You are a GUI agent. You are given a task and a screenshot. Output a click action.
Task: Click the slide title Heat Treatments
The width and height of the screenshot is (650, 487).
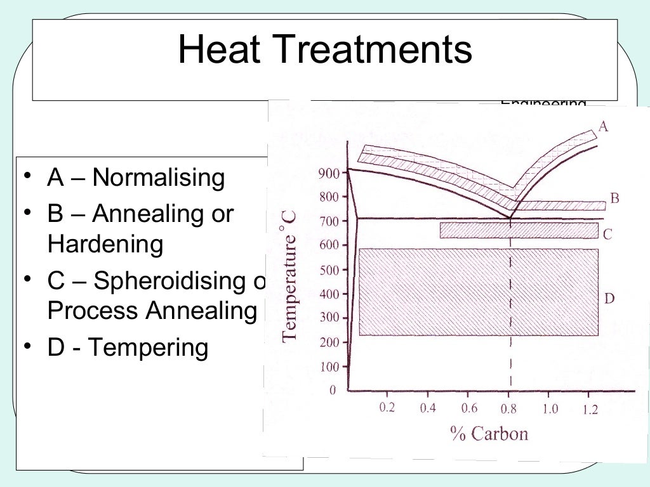[x=325, y=51]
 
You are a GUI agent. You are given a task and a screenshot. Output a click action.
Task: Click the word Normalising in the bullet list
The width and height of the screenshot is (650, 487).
[x=158, y=178]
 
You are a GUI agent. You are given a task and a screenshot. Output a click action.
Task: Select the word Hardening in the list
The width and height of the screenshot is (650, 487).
[x=105, y=244]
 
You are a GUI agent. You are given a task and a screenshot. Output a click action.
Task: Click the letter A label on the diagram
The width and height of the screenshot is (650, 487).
[x=603, y=127]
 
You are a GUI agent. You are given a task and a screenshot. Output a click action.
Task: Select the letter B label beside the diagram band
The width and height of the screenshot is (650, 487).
[x=614, y=198]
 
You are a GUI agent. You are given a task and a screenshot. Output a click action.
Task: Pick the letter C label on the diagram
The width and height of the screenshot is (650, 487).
[x=607, y=235]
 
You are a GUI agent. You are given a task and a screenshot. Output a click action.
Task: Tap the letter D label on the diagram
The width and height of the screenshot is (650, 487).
[x=609, y=298]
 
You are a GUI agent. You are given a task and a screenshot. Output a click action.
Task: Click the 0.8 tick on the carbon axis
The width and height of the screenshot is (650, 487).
[x=509, y=409]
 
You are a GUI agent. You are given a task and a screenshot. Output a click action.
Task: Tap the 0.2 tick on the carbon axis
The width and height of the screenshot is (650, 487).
[x=387, y=408]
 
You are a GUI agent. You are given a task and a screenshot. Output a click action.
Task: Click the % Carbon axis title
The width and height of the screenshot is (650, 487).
[x=489, y=434]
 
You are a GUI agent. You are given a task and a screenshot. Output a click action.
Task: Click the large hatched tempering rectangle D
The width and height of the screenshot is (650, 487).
[x=479, y=292]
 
